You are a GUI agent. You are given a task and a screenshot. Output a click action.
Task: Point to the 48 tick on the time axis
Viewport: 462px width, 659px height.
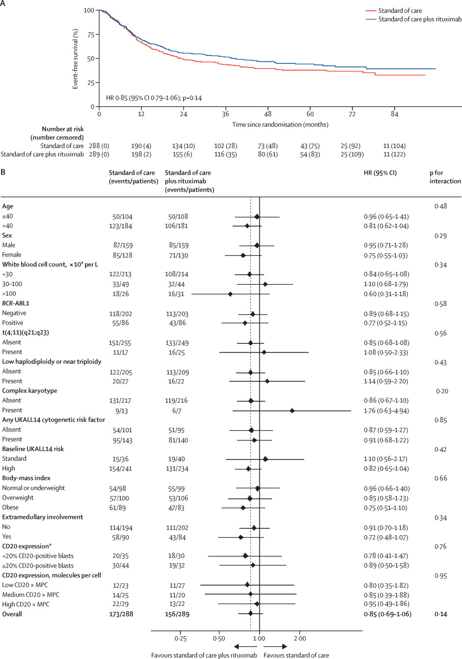pyautogui.click(x=268, y=114)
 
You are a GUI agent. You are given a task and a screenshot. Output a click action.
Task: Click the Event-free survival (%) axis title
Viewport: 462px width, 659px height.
pyautogui.click(x=76, y=59)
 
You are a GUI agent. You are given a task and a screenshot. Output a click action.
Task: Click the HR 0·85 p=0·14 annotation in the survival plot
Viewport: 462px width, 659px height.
pyautogui.click(x=154, y=98)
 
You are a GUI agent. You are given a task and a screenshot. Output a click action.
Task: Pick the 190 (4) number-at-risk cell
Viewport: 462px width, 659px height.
pyautogui.click(x=141, y=146)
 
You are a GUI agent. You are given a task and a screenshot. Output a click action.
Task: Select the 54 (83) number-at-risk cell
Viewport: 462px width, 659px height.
pyautogui.click(x=310, y=154)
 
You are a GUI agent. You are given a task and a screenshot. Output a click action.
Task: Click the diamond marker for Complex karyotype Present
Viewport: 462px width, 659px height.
pyautogui.click(x=292, y=410)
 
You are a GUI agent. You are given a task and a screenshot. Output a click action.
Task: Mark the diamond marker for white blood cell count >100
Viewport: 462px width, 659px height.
pyautogui.click(x=230, y=294)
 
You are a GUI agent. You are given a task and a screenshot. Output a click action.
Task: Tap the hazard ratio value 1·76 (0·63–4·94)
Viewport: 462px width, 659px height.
pyautogui.click(x=386, y=411)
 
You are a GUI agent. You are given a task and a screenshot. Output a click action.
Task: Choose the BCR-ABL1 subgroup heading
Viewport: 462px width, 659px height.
pyautogui.click(x=16, y=303)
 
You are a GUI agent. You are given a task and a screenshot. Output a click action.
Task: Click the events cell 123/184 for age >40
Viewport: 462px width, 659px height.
pyautogui.click(x=121, y=226)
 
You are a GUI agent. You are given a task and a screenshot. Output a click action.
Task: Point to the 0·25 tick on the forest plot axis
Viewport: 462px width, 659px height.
pyautogui.click(x=180, y=638)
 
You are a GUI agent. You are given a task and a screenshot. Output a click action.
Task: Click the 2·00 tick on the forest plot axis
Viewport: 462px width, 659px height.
pyautogui.click(x=299, y=638)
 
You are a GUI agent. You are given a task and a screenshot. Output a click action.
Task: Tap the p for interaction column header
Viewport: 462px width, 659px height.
pyautogui.click(x=445, y=177)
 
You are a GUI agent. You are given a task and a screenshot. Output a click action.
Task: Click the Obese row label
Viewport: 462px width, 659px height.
pyautogui.click(x=10, y=508)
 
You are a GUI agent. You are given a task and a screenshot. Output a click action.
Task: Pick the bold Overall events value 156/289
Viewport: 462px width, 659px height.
pyautogui.click(x=177, y=614)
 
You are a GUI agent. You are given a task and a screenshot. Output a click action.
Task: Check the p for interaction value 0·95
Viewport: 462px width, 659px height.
pyautogui.click(x=440, y=576)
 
